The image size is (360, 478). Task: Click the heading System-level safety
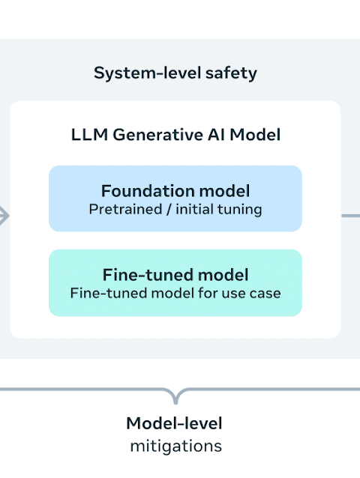click(x=175, y=73)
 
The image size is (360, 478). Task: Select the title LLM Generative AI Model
click(x=175, y=135)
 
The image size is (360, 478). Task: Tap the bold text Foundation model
click(x=175, y=191)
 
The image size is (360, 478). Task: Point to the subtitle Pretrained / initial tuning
click(x=175, y=210)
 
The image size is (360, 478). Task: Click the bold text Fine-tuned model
click(x=175, y=275)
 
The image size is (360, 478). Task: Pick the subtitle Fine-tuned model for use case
click(x=175, y=293)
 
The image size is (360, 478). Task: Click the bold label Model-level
click(x=174, y=423)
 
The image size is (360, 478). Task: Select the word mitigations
click(x=175, y=447)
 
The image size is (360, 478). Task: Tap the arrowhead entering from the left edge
click(x=4, y=216)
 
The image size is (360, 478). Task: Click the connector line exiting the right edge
click(x=351, y=216)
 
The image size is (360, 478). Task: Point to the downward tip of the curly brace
click(x=175, y=403)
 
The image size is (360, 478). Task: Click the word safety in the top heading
click(x=231, y=73)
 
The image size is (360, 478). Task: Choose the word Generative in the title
click(x=157, y=135)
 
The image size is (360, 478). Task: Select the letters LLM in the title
click(x=89, y=135)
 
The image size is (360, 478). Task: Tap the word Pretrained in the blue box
click(x=125, y=210)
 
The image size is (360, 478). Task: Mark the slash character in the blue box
click(x=169, y=210)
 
